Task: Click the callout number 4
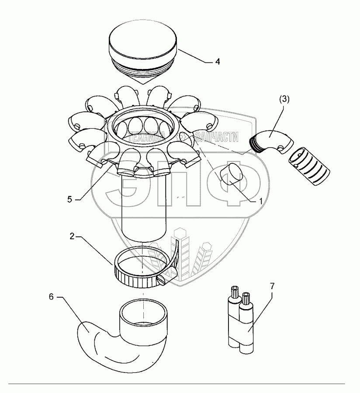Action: tap(218, 62)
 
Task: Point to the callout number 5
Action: tap(70, 199)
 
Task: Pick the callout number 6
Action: tap(51, 297)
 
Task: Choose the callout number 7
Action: tap(272, 286)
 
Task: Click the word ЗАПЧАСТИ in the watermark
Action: tap(217, 139)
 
